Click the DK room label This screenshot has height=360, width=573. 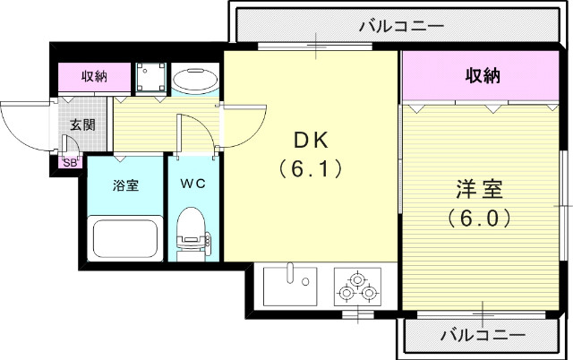pos(312,141)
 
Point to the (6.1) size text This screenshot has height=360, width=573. pos(311,167)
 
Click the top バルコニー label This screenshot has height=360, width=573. pos(401,26)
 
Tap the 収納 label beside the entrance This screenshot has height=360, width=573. pos(94,76)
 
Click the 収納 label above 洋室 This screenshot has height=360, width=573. pos(483,76)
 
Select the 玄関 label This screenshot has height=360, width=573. pos(72,124)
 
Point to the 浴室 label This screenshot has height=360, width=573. pos(124,185)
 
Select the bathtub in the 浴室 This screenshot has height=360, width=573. pos(125,237)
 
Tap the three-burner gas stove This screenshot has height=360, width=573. pos(357,286)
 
